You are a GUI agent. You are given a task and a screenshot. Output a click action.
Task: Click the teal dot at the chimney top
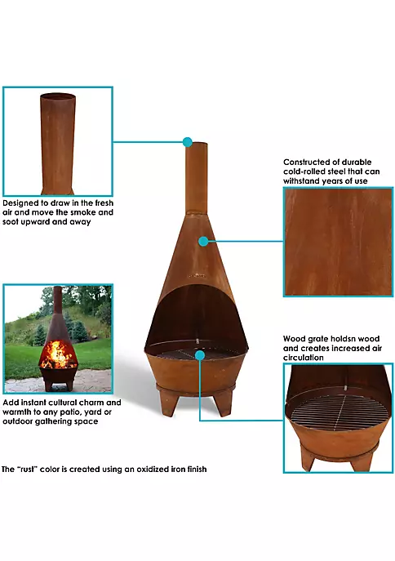(188, 142)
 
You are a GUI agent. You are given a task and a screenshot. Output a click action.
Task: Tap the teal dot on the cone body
(203, 241)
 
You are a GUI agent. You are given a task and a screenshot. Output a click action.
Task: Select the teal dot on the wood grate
(200, 355)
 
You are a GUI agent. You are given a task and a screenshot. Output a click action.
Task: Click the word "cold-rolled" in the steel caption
(303, 171)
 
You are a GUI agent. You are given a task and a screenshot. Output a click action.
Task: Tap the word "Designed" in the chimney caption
(20, 203)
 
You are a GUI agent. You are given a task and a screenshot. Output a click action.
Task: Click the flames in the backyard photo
(58, 354)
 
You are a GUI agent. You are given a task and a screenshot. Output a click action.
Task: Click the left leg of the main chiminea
(168, 402)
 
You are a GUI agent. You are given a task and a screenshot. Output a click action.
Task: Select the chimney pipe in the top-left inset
(58, 143)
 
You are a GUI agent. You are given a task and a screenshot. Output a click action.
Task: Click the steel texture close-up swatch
(338, 242)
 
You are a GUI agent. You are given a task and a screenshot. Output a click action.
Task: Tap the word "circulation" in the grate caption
(303, 358)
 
